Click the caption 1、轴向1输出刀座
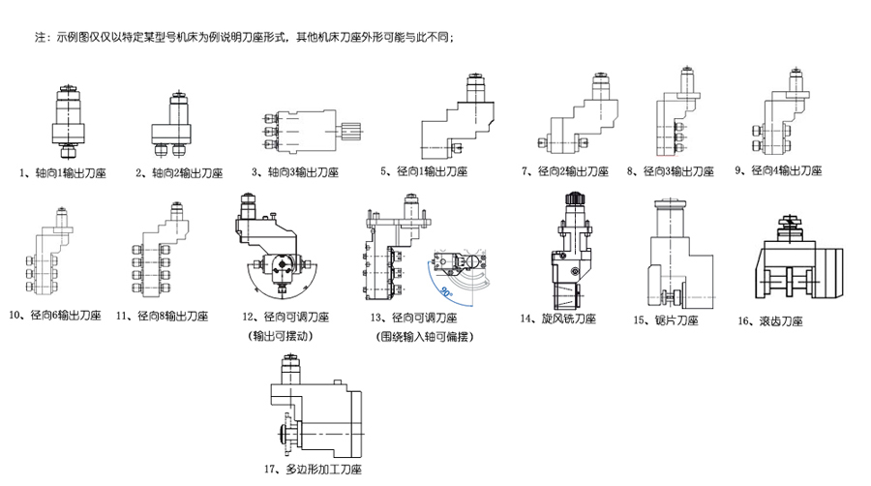[x=62, y=173]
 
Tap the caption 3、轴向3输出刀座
[x=294, y=172]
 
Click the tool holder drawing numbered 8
[x=676, y=121]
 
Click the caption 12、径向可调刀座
[x=286, y=318]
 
